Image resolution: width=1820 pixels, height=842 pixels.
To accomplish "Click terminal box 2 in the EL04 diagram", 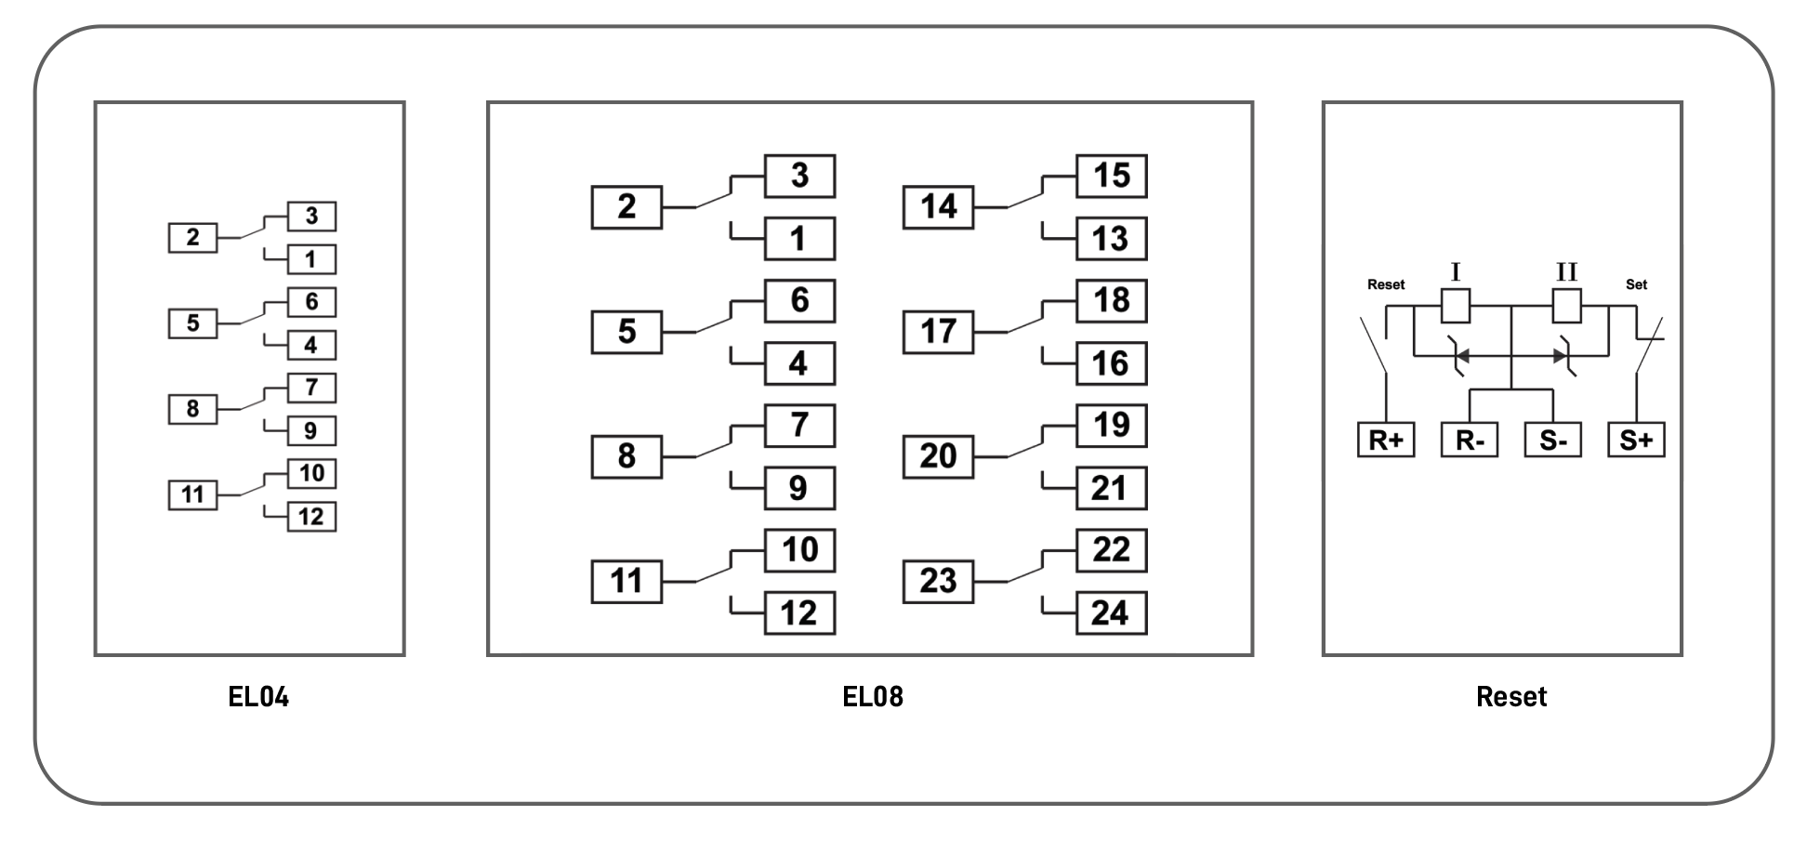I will coord(192,238).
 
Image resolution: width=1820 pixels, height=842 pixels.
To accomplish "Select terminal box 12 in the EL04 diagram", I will coord(311,517).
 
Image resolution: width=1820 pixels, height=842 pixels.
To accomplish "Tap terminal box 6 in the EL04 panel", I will coord(311,302).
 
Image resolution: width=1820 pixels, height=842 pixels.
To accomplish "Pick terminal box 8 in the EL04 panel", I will coord(192,409).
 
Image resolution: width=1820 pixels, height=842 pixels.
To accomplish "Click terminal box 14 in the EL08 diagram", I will coord(938,207).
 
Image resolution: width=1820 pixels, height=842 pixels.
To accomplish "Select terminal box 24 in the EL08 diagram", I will coord(1111,613).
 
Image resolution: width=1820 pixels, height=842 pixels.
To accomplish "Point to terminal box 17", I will coord(938,332).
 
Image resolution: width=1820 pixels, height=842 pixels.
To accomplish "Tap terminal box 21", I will coord(1111,489).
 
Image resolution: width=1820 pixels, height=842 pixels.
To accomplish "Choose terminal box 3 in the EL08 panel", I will coord(799,177).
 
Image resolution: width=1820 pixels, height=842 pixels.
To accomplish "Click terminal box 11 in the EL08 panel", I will coord(626,582).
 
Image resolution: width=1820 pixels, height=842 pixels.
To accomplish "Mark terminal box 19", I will coord(1111,426).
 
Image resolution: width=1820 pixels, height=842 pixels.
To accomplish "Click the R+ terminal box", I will coord(1386,441).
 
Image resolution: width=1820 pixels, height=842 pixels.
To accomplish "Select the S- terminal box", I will coord(1553,441).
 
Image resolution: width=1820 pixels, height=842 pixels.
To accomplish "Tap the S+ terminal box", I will coord(1636,441).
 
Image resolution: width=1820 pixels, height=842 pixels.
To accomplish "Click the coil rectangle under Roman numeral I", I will coord(1456,306).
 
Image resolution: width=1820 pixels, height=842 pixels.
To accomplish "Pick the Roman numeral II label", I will coord(1567,272).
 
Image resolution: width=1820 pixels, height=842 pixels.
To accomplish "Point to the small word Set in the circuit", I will coord(1636,284).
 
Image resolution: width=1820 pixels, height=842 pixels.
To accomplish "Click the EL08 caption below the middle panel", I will coord(872,697).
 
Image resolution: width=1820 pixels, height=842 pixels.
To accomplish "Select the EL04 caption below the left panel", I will coord(258,697).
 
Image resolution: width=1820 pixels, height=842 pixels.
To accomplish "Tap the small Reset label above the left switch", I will coord(1386,284).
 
